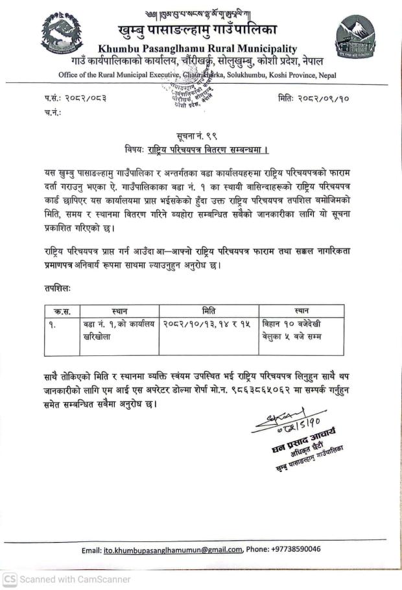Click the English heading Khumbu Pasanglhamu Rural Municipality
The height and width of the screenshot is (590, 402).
(x=197, y=49)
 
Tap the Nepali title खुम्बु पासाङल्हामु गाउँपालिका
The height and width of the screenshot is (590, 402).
(x=198, y=30)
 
